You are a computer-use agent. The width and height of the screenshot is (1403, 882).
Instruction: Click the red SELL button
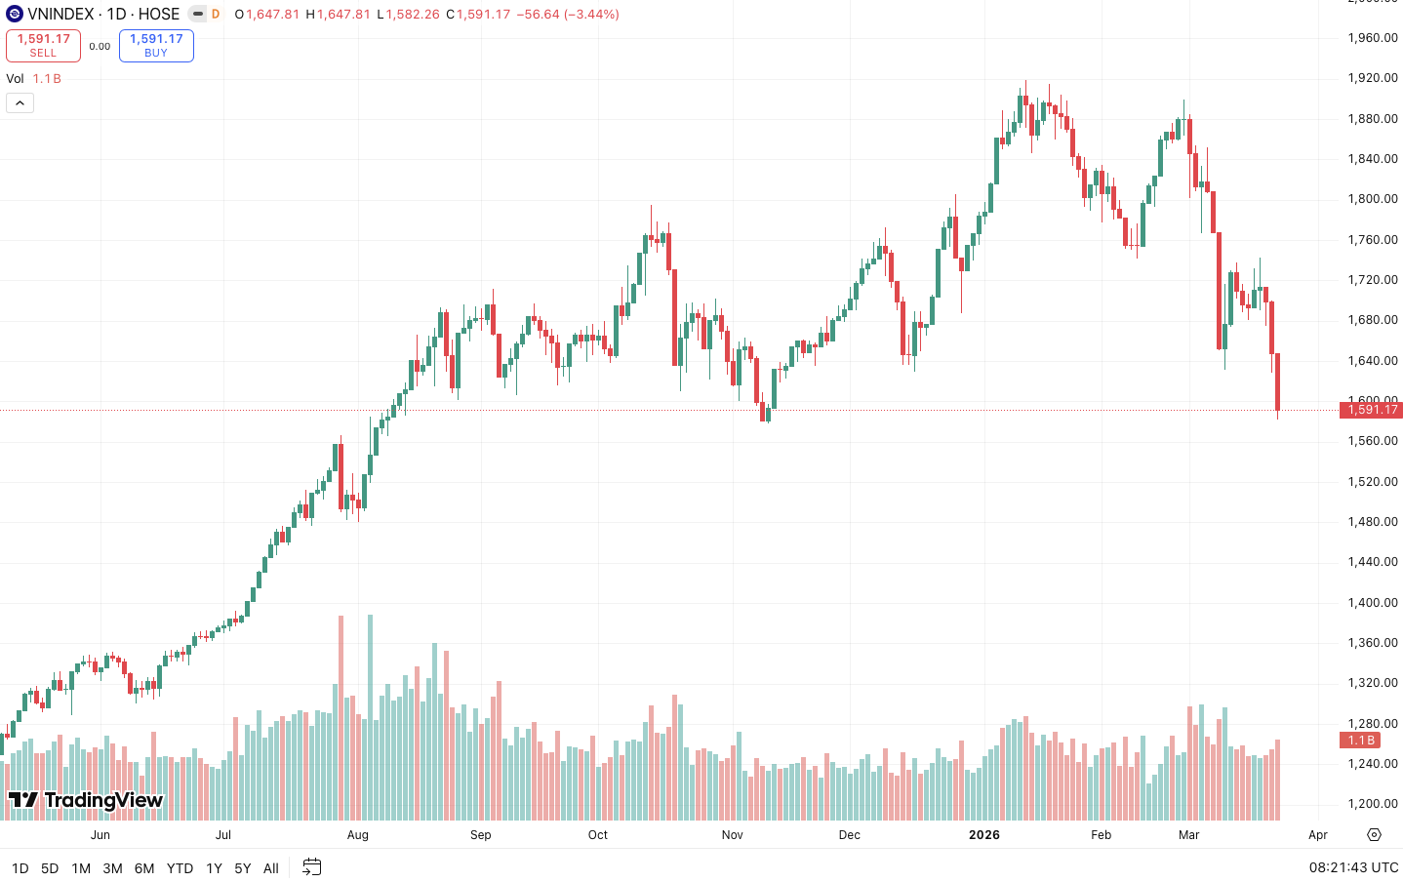click(43, 46)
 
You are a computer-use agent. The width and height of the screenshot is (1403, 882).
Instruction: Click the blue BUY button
click(156, 46)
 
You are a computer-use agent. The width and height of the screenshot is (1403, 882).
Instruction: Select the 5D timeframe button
click(50, 868)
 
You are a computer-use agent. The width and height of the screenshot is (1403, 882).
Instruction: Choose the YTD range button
click(180, 868)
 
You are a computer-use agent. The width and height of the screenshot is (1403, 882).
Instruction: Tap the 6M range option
click(144, 868)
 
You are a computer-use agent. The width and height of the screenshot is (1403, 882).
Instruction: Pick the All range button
click(271, 868)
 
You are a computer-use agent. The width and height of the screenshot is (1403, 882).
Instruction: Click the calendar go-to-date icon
click(312, 866)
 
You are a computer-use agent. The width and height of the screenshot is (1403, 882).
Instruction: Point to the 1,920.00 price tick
click(1373, 78)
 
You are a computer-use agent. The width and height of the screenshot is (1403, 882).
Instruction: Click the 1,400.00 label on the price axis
click(1373, 603)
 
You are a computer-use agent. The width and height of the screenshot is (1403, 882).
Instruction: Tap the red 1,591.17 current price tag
click(1373, 410)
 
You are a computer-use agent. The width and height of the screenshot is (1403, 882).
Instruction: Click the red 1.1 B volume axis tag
click(1361, 741)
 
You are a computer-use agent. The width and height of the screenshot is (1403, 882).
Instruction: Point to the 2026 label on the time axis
click(984, 835)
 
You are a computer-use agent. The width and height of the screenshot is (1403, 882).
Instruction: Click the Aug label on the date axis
click(358, 835)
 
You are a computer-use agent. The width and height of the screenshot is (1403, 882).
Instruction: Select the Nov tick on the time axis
click(733, 835)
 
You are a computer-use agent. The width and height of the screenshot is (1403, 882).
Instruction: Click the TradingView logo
click(86, 801)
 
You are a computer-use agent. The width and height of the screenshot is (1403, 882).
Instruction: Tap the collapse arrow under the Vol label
click(20, 103)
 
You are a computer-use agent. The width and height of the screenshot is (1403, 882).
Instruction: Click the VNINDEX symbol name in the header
click(60, 15)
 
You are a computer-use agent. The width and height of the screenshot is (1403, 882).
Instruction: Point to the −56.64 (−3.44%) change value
click(568, 15)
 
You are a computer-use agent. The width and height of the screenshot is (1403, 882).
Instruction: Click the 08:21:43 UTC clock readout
click(1353, 867)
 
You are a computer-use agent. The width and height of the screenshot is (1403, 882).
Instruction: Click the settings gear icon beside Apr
click(1374, 835)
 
